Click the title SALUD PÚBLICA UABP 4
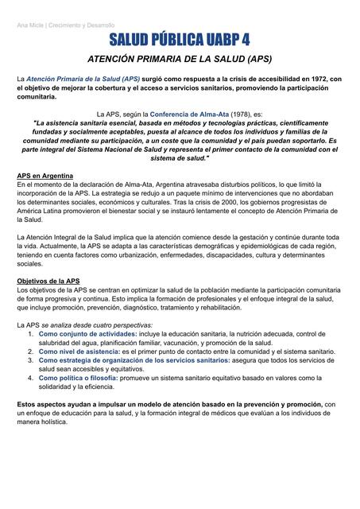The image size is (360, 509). point(180,41)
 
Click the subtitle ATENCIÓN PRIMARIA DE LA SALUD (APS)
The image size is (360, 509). point(180,60)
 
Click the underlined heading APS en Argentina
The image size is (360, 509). point(46,176)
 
